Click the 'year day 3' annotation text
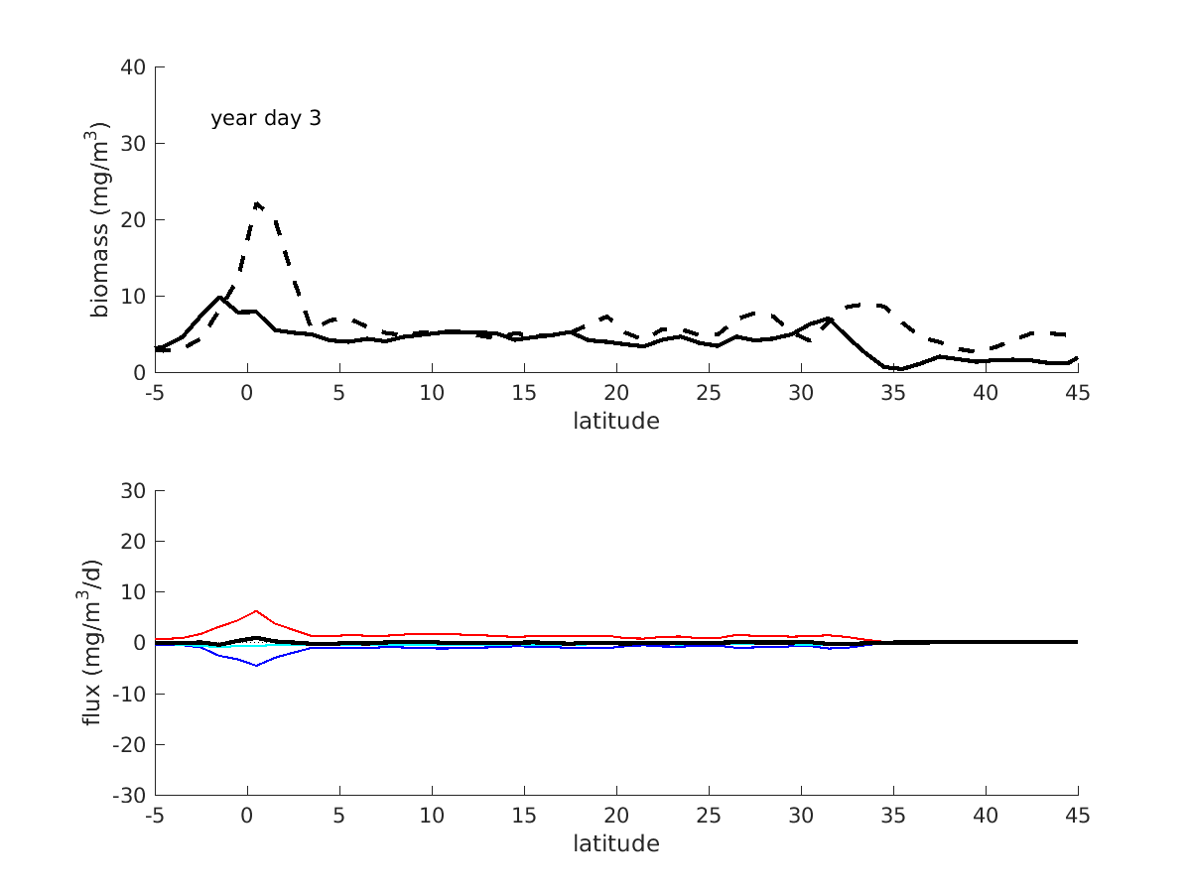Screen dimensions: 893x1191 (265, 119)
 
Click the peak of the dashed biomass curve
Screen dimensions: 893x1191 (256, 203)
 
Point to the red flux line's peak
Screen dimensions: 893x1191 (256, 611)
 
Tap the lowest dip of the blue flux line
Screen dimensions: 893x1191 (256, 665)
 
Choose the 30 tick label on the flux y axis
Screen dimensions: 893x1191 (134, 491)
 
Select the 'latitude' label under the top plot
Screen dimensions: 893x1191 (615, 421)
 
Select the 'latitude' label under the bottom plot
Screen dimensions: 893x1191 (615, 844)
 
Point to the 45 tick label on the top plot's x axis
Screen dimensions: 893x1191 (1078, 393)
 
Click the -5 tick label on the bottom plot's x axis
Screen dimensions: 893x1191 (154, 816)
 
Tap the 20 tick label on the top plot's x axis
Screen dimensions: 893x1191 (616, 393)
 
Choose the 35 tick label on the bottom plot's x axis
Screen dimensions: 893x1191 (893, 816)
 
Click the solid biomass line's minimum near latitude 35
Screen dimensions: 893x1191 (902, 369)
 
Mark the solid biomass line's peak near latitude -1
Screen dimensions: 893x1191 (219, 297)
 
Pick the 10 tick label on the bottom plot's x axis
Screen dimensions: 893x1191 (432, 816)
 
